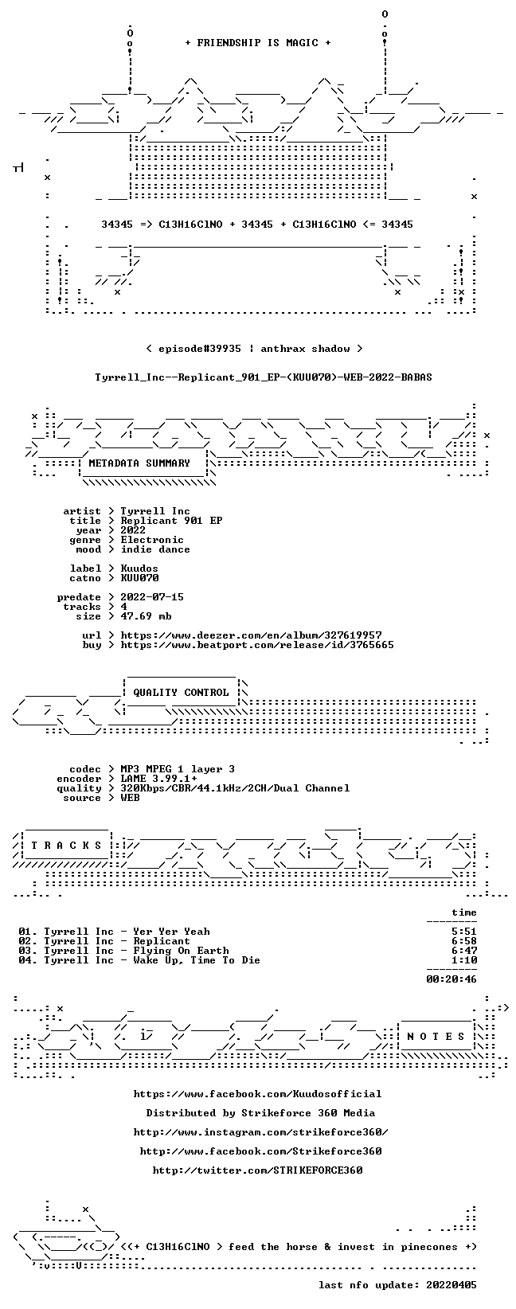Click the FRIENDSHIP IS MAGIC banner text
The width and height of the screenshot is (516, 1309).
point(258,43)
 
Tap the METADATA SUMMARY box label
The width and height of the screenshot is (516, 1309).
point(139,463)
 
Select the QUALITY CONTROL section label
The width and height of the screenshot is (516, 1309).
point(181,693)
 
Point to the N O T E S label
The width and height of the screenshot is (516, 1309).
point(436,1037)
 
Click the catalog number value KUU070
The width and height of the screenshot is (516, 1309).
point(139,578)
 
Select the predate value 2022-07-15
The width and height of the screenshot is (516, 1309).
point(152,597)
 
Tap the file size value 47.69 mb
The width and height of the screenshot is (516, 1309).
point(146,616)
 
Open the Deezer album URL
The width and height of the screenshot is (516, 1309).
point(252,635)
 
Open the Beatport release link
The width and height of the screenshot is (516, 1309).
point(257,645)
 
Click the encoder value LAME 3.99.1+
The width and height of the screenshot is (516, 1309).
point(159,779)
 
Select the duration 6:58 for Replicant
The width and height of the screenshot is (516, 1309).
point(464,941)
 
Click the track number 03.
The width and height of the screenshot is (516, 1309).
point(25,951)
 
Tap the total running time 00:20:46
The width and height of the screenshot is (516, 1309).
point(451,979)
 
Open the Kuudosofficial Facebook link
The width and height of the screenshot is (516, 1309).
point(258,1094)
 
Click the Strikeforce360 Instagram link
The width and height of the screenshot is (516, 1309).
point(260,1132)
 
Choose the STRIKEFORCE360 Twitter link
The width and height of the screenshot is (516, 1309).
point(258,1170)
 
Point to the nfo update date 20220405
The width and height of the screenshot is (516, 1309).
point(451,1285)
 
